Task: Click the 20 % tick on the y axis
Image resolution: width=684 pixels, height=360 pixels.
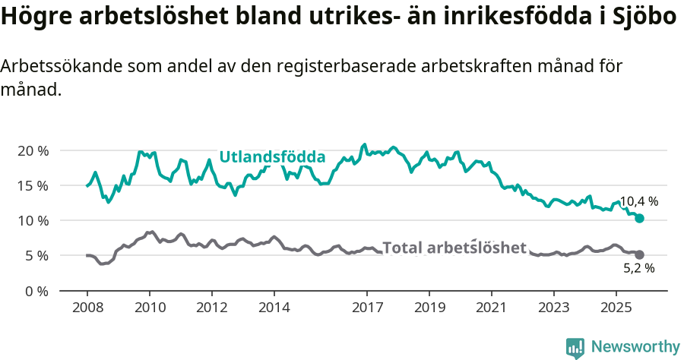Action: click(x=33, y=150)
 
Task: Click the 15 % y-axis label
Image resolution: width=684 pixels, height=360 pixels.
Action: click(x=33, y=185)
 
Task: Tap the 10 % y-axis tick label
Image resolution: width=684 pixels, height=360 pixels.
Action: click(x=33, y=220)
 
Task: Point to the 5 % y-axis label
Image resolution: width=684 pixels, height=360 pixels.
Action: click(x=36, y=255)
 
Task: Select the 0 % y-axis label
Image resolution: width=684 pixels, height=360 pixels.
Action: click(x=36, y=290)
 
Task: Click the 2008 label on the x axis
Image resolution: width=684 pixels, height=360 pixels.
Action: click(x=87, y=308)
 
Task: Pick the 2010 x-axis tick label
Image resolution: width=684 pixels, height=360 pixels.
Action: click(x=149, y=308)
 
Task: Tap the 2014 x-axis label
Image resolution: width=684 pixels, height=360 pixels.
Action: click(x=274, y=308)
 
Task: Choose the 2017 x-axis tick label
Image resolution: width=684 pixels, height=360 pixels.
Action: click(x=367, y=308)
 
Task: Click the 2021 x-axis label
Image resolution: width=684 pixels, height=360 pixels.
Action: click(x=491, y=308)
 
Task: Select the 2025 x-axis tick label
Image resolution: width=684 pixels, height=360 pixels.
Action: click(x=616, y=308)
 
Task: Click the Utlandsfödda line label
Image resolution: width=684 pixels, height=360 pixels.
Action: click(x=272, y=157)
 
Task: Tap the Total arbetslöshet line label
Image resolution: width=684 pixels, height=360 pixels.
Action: click(x=454, y=248)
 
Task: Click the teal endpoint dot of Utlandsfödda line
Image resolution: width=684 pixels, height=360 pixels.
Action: click(x=640, y=218)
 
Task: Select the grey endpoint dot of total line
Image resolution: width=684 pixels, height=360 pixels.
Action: click(x=640, y=254)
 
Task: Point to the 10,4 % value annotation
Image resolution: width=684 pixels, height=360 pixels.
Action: click(x=638, y=202)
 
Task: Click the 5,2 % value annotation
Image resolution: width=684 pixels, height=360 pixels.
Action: click(x=638, y=268)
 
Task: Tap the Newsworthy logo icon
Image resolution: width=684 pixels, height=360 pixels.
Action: click(x=575, y=347)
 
